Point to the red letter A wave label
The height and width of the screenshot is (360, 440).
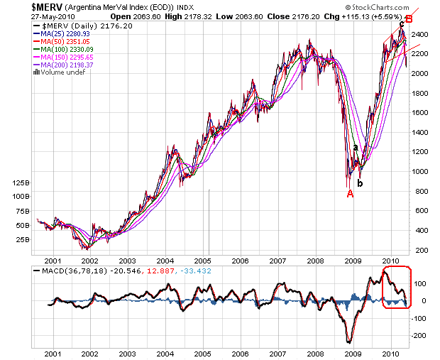pyautogui.click(x=350, y=194)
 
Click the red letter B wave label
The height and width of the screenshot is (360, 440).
pyautogui.click(x=409, y=19)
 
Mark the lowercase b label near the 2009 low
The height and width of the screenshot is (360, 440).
pyautogui.click(x=360, y=183)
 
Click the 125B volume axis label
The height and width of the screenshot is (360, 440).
pyautogui.click(x=21, y=183)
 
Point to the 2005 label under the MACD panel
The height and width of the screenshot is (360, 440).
pyautogui.click(x=204, y=353)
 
